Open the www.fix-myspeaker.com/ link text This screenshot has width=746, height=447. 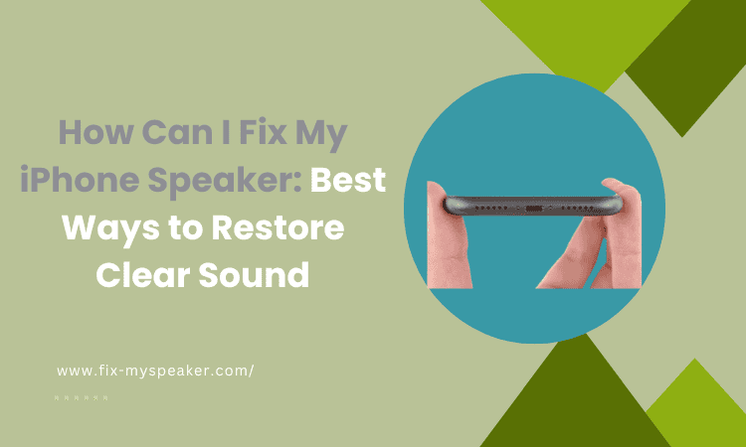tap(156, 371)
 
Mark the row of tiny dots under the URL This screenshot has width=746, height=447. tap(82, 397)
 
